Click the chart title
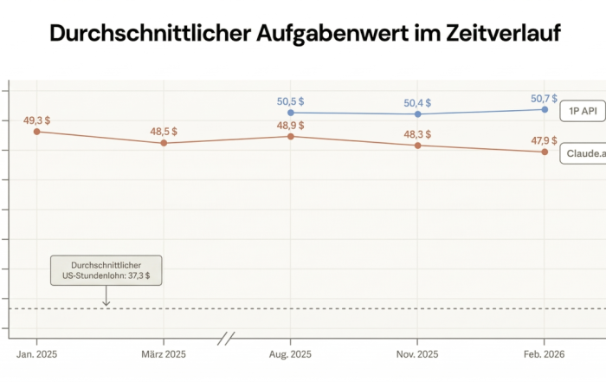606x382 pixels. click(x=304, y=34)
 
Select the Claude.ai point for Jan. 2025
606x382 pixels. click(x=37, y=131)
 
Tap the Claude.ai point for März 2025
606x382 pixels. click(x=164, y=142)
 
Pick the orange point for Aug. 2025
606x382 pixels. click(x=291, y=136)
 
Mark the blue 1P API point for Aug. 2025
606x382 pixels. click(x=291, y=113)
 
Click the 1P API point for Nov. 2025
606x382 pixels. click(x=417, y=113)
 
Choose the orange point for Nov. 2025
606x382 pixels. click(x=417, y=145)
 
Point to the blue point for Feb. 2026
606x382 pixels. click(x=545, y=109)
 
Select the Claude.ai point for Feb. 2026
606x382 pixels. click(x=545, y=152)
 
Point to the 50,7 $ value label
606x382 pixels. click(x=545, y=99)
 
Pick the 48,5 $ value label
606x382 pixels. click(x=164, y=131)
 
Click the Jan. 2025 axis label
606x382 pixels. click(x=37, y=354)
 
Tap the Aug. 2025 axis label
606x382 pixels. click(x=291, y=354)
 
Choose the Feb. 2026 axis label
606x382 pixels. click(x=545, y=354)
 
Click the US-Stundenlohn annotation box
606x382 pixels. click(x=106, y=269)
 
